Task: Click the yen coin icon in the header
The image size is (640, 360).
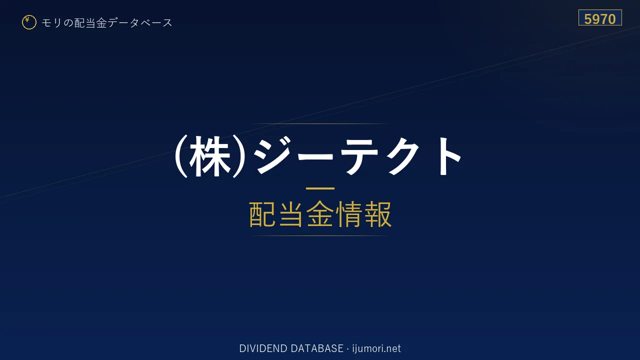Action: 29,22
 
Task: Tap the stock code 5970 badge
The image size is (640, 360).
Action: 600,17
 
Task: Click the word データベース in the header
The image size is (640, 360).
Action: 140,23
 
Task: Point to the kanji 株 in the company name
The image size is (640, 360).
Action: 209,156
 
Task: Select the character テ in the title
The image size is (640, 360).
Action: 361,156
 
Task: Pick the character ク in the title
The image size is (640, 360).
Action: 403,156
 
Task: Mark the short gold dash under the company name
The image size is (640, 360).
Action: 320,188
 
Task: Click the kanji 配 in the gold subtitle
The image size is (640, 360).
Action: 263,214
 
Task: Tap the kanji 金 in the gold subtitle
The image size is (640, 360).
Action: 320,214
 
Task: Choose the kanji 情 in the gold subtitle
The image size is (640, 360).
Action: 349,214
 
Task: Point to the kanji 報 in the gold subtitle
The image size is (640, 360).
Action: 377,214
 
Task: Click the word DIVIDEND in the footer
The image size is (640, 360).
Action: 263,348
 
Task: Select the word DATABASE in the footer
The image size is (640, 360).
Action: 317,348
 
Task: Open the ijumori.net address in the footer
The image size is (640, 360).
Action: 376,348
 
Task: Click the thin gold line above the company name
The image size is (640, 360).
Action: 320,123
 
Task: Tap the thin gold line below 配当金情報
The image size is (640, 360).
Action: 320,235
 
